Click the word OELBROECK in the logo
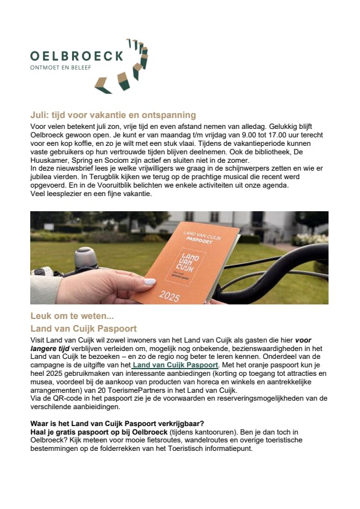pos(77,56)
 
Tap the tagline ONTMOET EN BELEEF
pos(61,68)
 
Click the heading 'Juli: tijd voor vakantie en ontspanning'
pos(113,114)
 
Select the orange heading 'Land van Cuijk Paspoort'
pos(83,329)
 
